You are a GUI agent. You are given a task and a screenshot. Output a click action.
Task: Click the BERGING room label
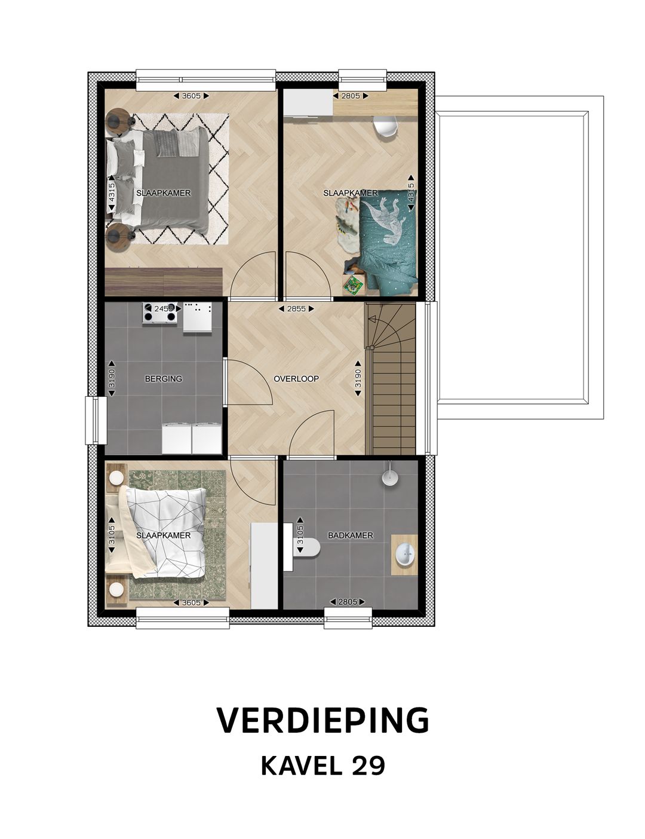163,379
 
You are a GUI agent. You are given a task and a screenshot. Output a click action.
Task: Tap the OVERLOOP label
296,379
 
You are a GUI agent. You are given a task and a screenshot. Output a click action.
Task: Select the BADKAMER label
351,535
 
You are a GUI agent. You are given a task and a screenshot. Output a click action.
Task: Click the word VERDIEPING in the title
322,721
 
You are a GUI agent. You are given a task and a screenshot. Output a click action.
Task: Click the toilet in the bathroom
306,546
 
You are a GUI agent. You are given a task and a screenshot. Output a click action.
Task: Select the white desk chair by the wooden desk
385,125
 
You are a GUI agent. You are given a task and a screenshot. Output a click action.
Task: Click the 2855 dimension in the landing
296,309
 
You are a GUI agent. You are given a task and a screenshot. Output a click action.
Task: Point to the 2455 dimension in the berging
163,309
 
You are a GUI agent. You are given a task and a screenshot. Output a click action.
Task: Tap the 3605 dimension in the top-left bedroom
191,96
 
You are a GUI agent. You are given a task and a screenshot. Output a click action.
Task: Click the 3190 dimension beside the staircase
358,378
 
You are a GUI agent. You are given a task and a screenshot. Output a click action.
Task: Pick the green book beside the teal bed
353,284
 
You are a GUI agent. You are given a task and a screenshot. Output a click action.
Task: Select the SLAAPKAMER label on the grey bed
163,193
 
